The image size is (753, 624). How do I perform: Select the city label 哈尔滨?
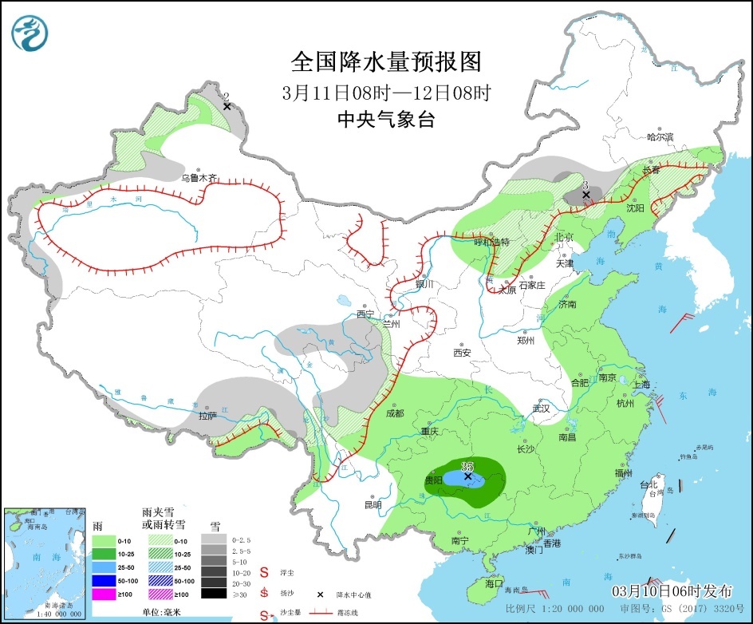click(x=660, y=137)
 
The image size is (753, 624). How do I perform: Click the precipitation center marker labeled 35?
click(x=468, y=477)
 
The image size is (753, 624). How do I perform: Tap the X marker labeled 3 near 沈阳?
click(x=585, y=194)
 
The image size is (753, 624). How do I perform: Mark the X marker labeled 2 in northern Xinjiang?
click(x=227, y=105)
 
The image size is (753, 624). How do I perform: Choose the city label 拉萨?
click(x=207, y=415)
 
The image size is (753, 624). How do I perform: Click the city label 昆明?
click(x=373, y=504)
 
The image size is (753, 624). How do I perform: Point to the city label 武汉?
click(x=542, y=409)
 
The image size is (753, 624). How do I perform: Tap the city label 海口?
click(x=494, y=583)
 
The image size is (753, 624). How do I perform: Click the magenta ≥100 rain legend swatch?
click(x=104, y=594)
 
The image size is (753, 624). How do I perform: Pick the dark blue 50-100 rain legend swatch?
click(x=104, y=580)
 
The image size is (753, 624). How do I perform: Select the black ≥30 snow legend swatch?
click(x=212, y=593)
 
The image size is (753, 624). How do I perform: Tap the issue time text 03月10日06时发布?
click(x=672, y=591)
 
